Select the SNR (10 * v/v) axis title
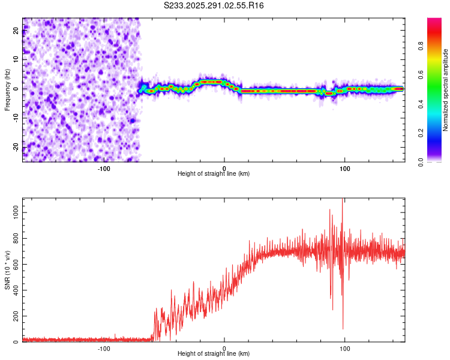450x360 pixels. click(x=7, y=270)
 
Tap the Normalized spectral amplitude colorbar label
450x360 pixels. click(x=446, y=90)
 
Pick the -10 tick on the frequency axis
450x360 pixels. click(x=16, y=118)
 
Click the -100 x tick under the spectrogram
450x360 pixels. click(x=104, y=168)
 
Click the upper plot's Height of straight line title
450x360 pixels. click(x=214, y=173)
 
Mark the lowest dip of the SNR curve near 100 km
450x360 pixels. click(x=343, y=328)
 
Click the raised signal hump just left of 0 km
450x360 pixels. click(x=211, y=82)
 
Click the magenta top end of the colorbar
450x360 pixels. click(x=434, y=22)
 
